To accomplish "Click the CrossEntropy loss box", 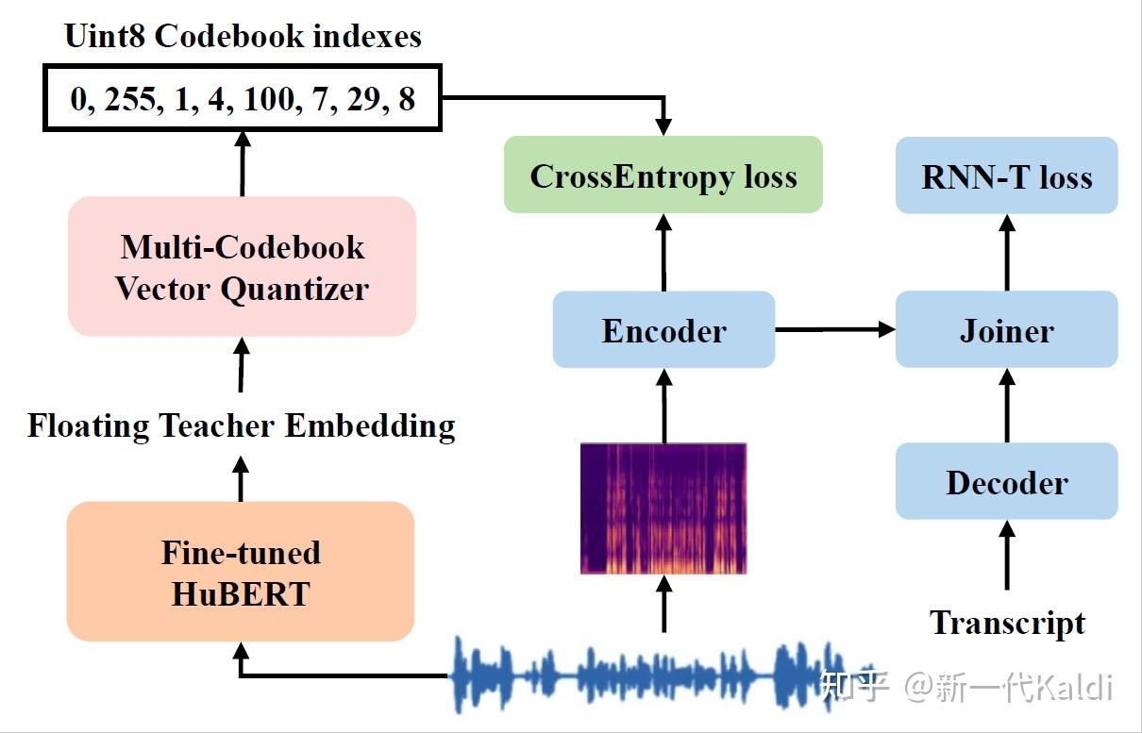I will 663,175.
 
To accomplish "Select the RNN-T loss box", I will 1006,175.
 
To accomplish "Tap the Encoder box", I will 663,330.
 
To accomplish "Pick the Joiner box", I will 1006,330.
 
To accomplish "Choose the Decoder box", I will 1006,482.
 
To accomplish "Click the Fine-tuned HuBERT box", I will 241,572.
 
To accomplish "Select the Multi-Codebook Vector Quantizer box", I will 242,267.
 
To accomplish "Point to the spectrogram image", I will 663,508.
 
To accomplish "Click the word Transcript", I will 1007,623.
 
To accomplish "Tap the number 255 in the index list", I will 130,99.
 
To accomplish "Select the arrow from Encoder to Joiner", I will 834,329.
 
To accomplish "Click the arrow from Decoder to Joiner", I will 1007,406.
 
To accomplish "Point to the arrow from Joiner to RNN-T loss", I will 1007,252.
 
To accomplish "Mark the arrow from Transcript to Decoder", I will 1007,557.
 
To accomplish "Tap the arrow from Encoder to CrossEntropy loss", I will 663,252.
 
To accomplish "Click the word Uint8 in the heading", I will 105,36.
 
